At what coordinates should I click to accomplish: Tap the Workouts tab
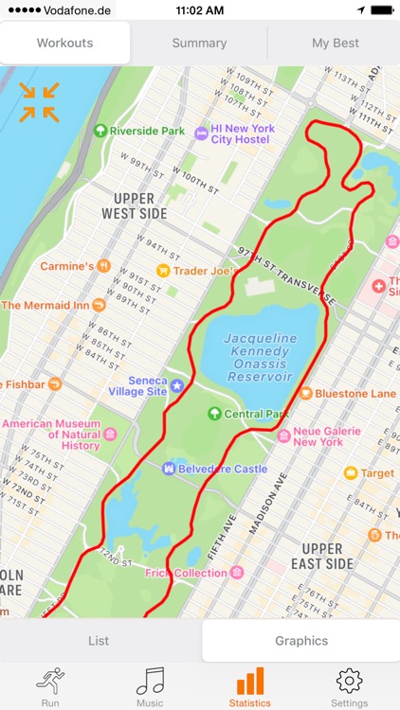(64, 43)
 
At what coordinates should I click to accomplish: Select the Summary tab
(199, 43)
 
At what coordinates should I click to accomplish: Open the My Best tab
(335, 43)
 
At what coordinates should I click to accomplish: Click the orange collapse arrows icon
(39, 102)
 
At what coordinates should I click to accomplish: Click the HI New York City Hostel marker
(201, 133)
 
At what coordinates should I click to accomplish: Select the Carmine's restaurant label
(66, 266)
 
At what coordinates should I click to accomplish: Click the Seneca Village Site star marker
(175, 385)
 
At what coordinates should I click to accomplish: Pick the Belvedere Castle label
(221, 469)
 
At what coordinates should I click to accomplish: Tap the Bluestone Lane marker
(306, 393)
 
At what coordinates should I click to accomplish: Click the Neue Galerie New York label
(327, 436)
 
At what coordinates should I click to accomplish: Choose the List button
(99, 641)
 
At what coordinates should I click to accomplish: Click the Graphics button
(301, 641)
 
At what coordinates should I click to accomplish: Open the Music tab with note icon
(150, 686)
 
